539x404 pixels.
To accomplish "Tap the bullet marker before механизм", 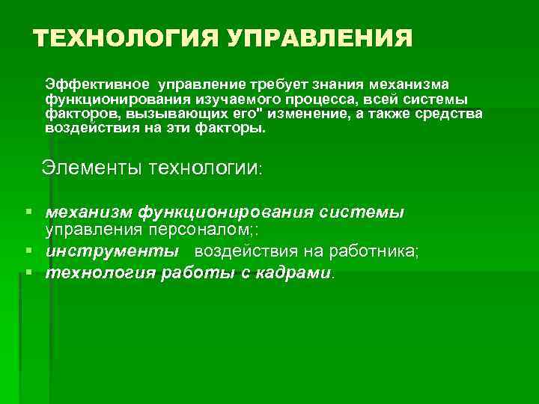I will (28, 212).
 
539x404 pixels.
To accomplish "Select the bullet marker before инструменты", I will (28, 250).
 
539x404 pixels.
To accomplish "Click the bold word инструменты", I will (112, 251).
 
